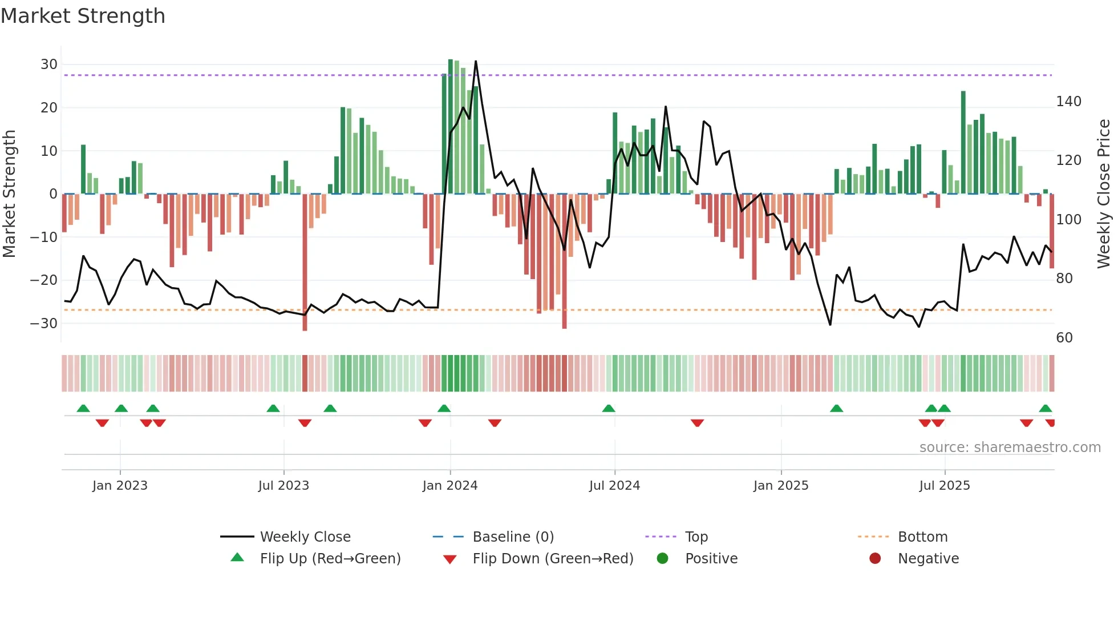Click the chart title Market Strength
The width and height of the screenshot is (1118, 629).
pos(83,16)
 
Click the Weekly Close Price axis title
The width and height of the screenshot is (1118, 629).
pos(1104,193)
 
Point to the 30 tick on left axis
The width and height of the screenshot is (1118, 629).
pos(49,64)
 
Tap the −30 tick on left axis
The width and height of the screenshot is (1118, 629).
pos(44,323)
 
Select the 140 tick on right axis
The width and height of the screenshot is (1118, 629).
pos(1068,102)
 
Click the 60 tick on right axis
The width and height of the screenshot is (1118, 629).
pos(1064,337)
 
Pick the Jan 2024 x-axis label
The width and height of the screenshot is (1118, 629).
pos(450,486)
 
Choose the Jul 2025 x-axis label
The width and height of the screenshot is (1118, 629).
pos(945,486)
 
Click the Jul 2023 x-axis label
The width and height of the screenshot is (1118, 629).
pos(283,486)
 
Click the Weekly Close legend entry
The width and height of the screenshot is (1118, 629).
pos(305,537)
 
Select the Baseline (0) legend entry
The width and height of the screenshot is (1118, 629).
pos(513,537)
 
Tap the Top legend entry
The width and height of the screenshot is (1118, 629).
pos(696,537)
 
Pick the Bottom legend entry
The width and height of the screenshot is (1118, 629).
pos(922,537)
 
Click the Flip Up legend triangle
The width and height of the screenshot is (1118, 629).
pos(237,558)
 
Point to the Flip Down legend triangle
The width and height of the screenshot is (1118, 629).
pos(449,559)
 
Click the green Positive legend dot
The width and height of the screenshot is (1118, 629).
pos(662,558)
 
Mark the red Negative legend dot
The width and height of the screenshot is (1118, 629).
pos(875,558)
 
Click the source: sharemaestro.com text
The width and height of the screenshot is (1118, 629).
pos(1010,447)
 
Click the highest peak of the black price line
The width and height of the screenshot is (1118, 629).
pos(476,61)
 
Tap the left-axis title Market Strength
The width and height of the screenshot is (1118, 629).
pos(9,193)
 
